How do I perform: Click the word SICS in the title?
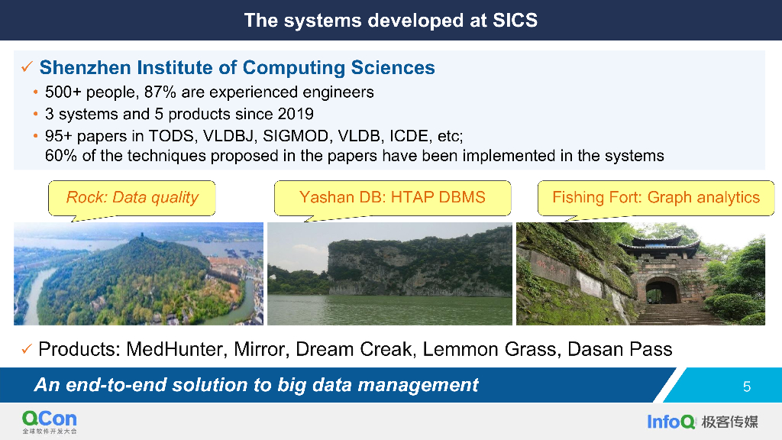515,21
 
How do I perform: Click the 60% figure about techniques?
61,156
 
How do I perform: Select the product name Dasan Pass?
620,349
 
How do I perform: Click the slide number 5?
747,387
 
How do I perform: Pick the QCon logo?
50,422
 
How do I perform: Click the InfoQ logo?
671,422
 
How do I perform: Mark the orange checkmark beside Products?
27,349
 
